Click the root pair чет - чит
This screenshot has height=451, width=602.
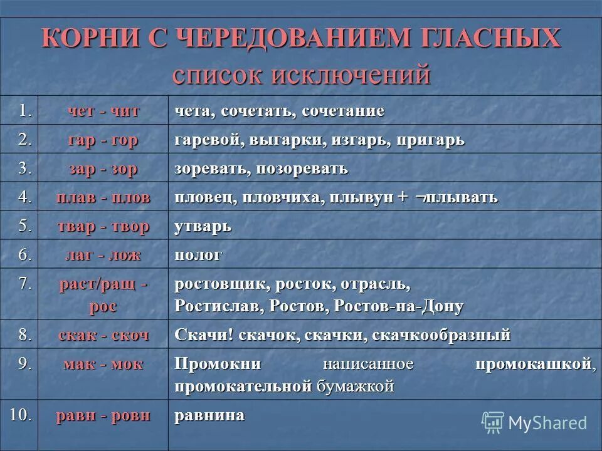click(x=103, y=111)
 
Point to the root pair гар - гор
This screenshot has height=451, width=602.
click(x=103, y=140)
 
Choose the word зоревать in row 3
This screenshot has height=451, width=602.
click(x=209, y=169)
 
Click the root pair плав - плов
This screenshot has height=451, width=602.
click(x=103, y=197)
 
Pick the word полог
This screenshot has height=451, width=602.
click(x=198, y=255)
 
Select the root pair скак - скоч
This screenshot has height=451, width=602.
click(x=103, y=334)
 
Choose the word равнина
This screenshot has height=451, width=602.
click(x=209, y=415)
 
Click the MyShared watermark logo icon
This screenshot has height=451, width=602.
click(x=493, y=422)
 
